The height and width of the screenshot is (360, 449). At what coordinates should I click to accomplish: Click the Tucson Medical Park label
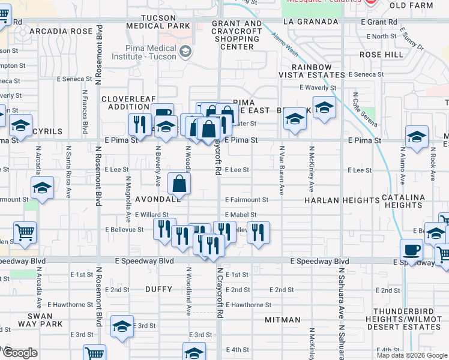158,22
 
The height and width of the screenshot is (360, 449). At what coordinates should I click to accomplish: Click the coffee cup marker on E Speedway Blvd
412,248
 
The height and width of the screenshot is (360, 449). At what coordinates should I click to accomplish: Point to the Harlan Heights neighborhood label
333,199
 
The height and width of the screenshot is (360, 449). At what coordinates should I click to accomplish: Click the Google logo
20,353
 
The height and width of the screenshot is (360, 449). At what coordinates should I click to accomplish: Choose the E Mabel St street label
241,215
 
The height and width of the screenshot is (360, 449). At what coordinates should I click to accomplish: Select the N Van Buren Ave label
282,169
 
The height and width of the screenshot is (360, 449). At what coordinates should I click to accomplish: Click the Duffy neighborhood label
159,289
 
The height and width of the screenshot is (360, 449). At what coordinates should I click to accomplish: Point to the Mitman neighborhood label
282,320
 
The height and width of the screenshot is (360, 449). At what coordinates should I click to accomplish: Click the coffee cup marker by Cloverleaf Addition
161,114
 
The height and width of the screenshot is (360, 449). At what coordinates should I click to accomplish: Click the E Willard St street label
151,215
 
